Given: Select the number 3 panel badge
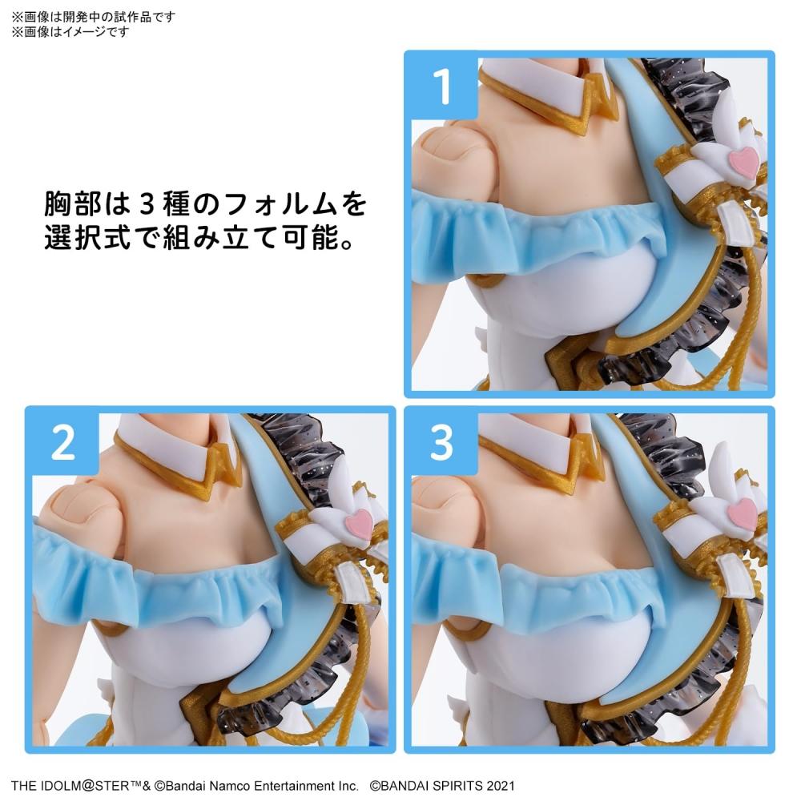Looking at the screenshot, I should tap(441, 444).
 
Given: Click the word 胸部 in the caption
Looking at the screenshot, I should tap(74, 205).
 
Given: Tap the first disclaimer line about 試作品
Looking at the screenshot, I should tap(93, 17).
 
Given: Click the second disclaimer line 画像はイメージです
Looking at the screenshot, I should tap(69, 32).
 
